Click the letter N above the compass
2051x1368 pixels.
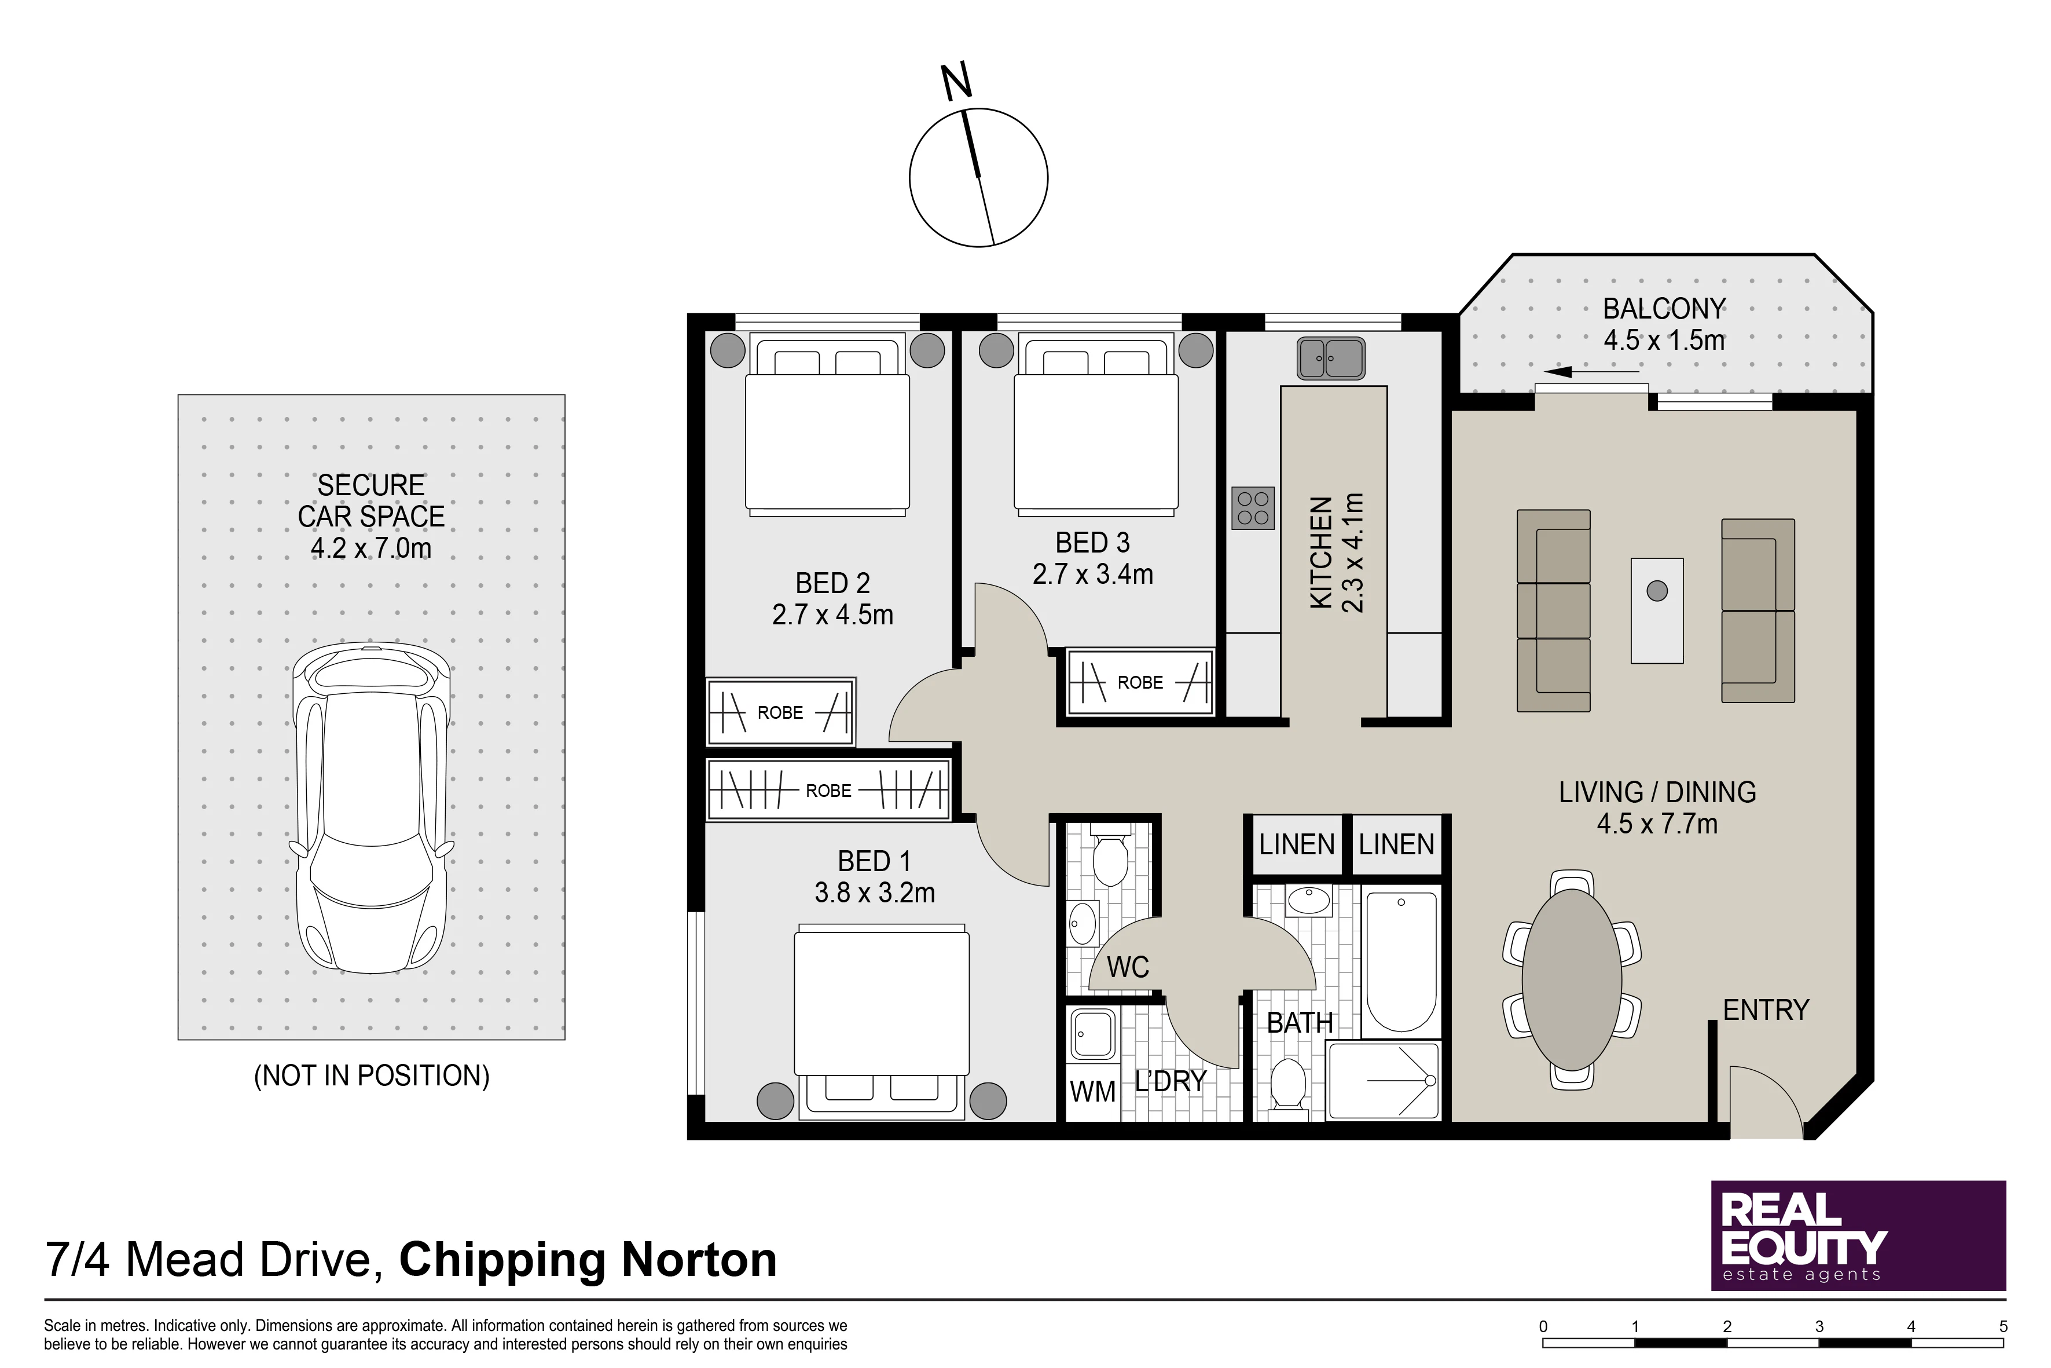click(x=956, y=82)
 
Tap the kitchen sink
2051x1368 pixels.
click(x=1331, y=358)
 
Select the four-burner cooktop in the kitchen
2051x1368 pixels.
click(x=1253, y=509)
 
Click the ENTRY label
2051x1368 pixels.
click(x=1766, y=1010)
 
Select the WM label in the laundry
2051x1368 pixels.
click(x=1092, y=1091)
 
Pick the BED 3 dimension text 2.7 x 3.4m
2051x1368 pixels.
click(x=1092, y=574)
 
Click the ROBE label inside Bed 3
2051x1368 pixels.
click(x=1140, y=682)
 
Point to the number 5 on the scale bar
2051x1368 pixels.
click(x=2003, y=1327)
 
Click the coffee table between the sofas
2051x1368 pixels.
click(x=1657, y=610)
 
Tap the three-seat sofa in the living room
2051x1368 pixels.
click(x=1553, y=610)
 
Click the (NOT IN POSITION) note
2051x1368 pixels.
click(x=372, y=1076)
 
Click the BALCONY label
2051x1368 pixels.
click(x=1664, y=309)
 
